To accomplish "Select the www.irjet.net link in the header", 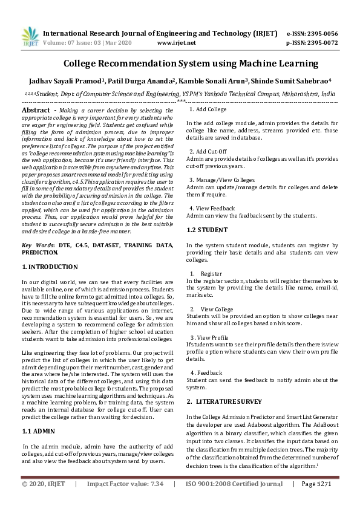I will coord(176,43).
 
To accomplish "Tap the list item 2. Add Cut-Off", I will coord(208,151).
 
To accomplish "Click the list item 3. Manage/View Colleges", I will coord(221,180).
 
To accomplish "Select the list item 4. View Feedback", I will coord(212,208).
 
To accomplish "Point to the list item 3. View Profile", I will coord(209,337).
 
